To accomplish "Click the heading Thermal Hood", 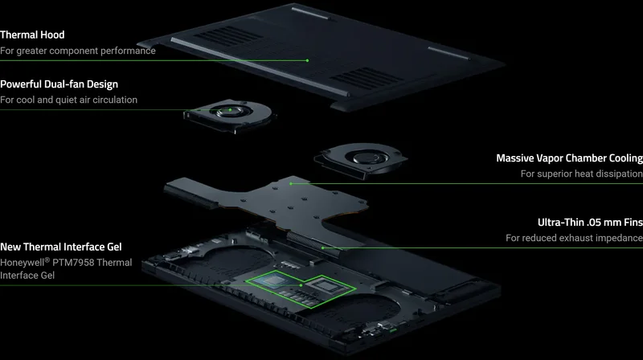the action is pyautogui.click(x=32, y=35).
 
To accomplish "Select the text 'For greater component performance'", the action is pyautogui.click(x=78, y=51).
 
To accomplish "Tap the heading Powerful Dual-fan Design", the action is pyautogui.click(x=59, y=84).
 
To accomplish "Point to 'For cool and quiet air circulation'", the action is pyautogui.click(x=68, y=100).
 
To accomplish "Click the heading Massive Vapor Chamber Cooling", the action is pyautogui.click(x=570, y=158).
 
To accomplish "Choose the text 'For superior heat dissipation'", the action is pyautogui.click(x=582, y=174).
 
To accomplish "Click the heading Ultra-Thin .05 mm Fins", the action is pyautogui.click(x=590, y=223).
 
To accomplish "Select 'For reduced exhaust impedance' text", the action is pyautogui.click(x=574, y=238).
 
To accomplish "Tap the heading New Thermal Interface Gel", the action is pyautogui.click(x=61, y=247).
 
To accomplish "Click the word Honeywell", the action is pyautogui.click(x=23, y=263).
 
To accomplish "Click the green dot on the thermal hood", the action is pyautogui.click(x=307, y=61).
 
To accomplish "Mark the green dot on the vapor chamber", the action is pyautogui.click(x=291, y=184).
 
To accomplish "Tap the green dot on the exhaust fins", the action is pyautogui.click(x=323, y=247).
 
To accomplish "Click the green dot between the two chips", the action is pyautogui.click(x=301, y=285).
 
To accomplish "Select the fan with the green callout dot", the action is pyautogui.click(x=230, y=115).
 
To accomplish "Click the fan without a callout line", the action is pyautogui.click(x=361, y=160).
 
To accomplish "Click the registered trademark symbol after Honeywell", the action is pyautogui.click(x=47, y=260).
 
